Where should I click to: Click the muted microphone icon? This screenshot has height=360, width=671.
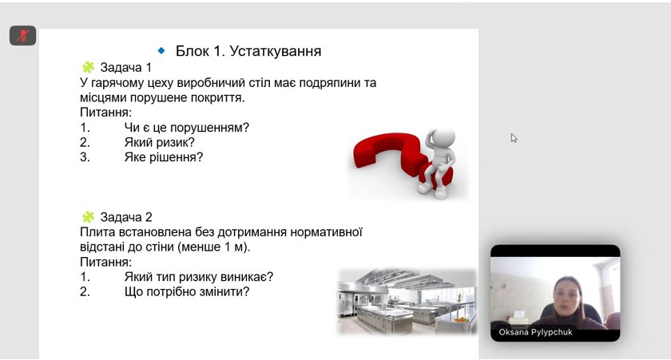point(22,35)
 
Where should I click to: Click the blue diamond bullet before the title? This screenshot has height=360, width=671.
point(161,50)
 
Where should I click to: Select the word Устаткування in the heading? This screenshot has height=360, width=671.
point(275,51)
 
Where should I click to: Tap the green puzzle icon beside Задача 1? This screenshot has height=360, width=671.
point(88,67)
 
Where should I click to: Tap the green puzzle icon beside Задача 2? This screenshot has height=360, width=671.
point(88,217)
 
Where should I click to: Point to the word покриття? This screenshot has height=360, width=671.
point(218,97)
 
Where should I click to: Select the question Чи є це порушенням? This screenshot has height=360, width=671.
point(187,128)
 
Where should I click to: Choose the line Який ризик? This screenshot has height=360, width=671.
point(159,142)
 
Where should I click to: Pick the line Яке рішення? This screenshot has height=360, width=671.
point(164,157)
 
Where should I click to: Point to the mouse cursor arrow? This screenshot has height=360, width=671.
point(514,137)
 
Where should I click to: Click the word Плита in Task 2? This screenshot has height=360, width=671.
point(93,232)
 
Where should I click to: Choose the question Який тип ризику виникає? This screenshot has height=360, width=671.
point(199,277)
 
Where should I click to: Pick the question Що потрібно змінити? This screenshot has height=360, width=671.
point(187,291)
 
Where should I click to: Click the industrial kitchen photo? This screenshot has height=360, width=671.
point(407,301)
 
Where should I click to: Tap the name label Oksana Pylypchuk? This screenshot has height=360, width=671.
point(535,332)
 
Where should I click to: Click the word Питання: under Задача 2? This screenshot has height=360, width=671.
point(105,262)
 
